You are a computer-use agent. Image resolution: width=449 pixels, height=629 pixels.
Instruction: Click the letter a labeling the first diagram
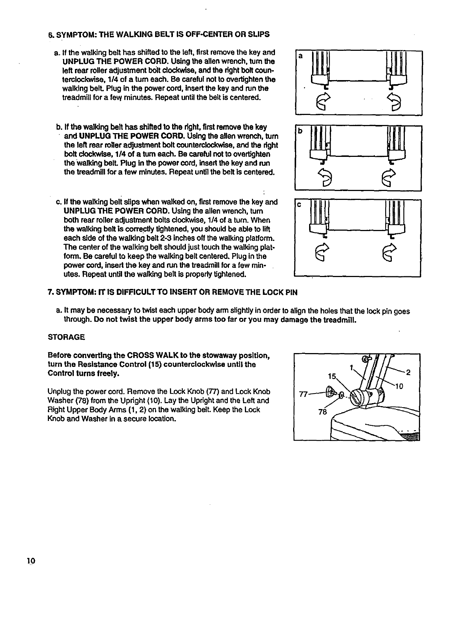(x=301, y=56)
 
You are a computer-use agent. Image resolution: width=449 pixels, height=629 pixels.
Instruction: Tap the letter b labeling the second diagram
(x=301, y=131)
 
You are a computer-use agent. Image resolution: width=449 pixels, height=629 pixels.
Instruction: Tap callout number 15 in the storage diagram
(x=332, y=376)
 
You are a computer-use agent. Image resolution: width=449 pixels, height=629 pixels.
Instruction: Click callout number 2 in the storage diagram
(x=408, y=372)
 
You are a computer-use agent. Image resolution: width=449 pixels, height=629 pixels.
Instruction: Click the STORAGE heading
(x=66, y=337)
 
